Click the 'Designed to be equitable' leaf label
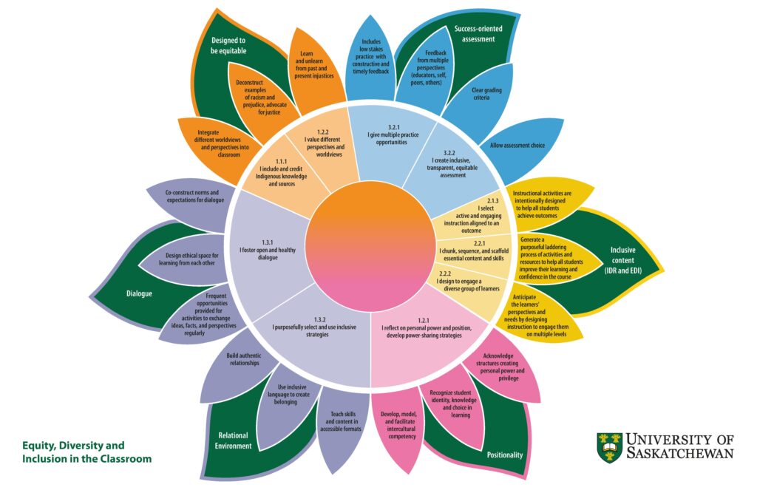[x=228, y=46]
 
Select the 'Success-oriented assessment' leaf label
[x=478, y=34]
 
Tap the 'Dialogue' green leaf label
[x=139, y=293]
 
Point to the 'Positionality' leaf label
[x=505, y=455]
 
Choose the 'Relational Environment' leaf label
[x=234, y=440]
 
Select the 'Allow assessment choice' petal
[x=518, y=146]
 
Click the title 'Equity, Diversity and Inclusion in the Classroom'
[x=86, y=452]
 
